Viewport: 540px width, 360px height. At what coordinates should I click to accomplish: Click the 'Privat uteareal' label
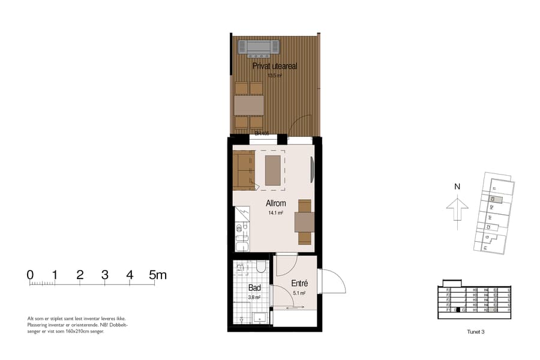[275, 67]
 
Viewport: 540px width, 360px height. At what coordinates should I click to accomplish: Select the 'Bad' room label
[254, 289]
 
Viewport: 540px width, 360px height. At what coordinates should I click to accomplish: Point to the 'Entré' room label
[299, 283]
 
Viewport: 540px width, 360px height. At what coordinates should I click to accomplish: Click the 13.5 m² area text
[275, 76]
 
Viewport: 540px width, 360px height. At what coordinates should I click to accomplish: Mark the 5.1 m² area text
[299, 293]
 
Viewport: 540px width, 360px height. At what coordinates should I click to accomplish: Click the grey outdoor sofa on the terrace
[259, 47]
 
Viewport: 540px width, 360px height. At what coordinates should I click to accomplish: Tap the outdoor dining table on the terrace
[249, 106]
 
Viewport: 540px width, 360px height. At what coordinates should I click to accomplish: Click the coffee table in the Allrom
[273, 170]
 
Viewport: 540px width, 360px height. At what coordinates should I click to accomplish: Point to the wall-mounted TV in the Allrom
[312, 170]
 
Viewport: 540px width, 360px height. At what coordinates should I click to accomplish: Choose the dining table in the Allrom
[304, 222]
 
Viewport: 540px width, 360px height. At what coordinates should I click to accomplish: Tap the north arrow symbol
[457, 211]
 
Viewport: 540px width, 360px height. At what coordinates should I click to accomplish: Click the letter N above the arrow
[457, 187]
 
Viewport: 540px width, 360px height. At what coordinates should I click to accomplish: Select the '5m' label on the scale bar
[158, 275]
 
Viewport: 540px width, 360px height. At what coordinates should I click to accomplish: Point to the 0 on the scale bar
[30, 275]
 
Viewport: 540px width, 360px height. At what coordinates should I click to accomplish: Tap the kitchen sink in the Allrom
[242, 245]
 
